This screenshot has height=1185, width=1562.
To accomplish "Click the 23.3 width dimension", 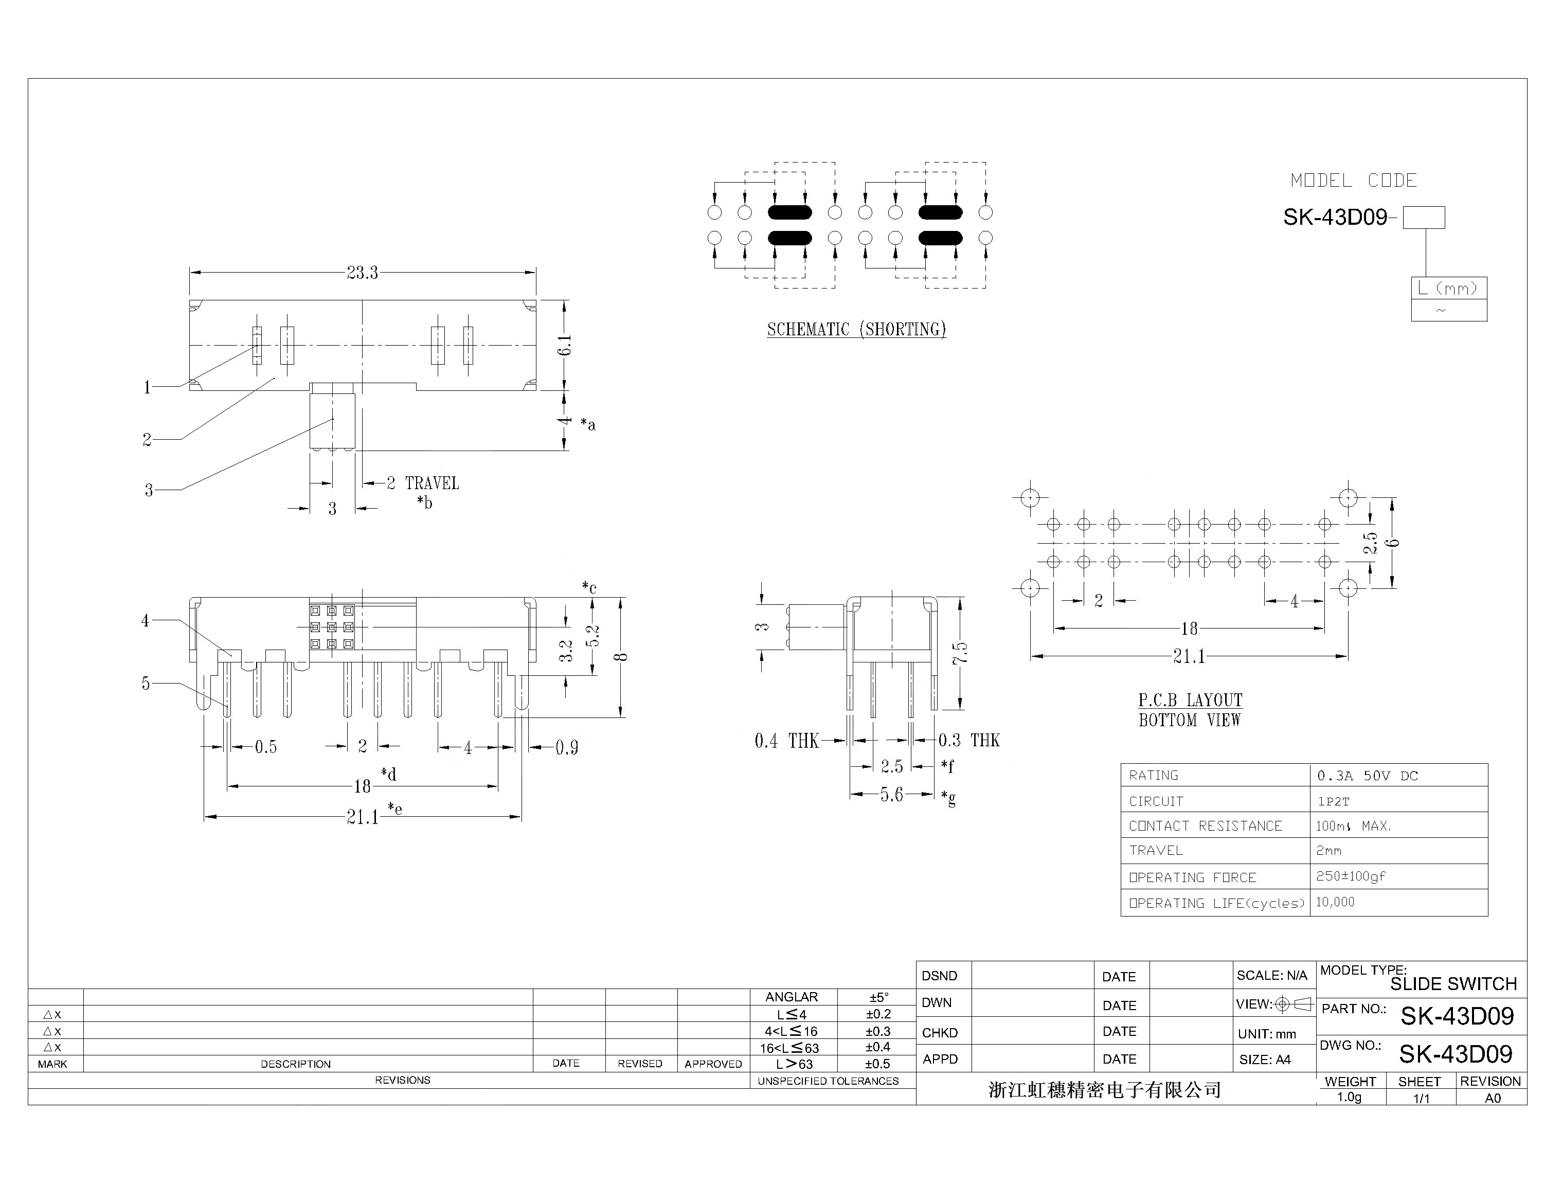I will point(362,273).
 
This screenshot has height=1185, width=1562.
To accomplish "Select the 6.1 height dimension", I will point(565,345).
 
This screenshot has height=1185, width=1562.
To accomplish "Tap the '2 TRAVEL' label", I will point(423,484).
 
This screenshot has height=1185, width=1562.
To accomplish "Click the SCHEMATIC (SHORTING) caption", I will point(856,329).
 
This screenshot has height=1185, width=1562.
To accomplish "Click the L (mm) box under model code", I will point(1448,288).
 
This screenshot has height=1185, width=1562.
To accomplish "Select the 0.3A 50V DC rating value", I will point(1367,776).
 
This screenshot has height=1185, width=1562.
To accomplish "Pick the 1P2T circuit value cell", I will point(1333,801).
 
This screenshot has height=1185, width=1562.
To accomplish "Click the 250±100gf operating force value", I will point(1350,876).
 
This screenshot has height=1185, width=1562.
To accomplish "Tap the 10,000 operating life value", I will point(1335,902).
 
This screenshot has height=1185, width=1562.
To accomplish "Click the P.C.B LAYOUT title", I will point(1190,700).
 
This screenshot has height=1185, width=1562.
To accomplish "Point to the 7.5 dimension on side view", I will point(960,653).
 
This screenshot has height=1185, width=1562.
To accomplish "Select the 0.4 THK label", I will point(786,741).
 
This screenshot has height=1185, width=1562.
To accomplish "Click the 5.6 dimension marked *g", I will point(891,795).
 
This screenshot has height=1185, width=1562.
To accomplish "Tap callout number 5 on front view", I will point(146,684).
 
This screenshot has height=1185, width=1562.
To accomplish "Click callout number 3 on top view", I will point(148,490).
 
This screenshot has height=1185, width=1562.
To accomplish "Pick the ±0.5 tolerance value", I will point(878,1064).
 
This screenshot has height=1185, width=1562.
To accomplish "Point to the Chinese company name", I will point(1104,1090).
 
